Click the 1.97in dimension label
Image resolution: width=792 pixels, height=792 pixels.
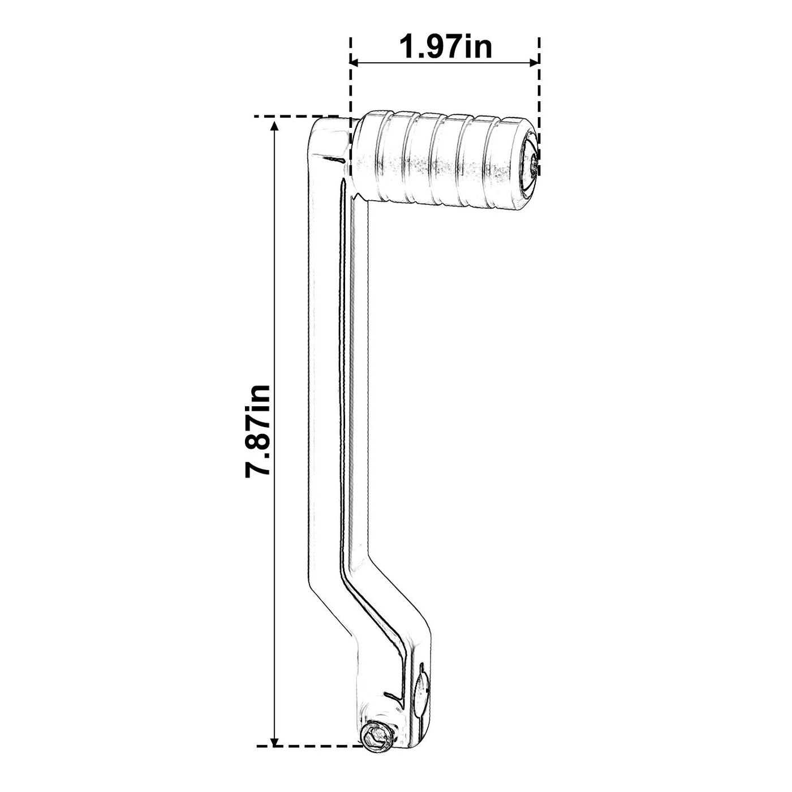(x=445, y=48)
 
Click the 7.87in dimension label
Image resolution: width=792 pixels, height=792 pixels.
(x=258, y=431)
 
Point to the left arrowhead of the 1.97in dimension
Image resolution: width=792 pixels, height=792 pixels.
(x=355, y=62)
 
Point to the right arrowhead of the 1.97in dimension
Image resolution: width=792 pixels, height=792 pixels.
(x=533, y=62)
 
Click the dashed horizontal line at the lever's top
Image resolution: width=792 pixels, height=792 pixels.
(x=296, y=117)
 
